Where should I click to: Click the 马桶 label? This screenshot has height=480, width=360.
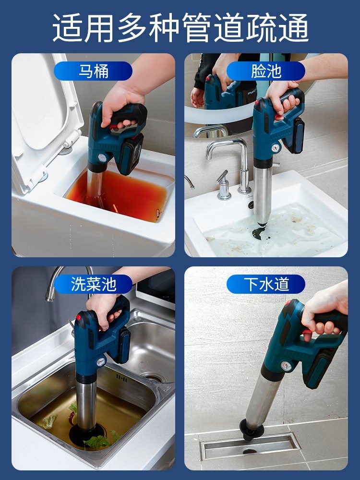point(94,71)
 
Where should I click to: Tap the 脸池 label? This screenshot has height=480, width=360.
point(266,71)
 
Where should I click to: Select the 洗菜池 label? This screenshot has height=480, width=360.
point(94,284)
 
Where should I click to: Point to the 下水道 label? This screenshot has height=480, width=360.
point(266,284)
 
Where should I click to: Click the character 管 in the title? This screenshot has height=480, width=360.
point(198,27)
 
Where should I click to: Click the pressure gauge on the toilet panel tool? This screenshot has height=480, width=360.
point(101,158)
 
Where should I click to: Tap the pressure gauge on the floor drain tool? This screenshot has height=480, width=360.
point(286,366)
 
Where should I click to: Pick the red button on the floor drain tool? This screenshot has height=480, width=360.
point(288,303)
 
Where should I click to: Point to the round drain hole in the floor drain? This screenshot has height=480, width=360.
point(250,451)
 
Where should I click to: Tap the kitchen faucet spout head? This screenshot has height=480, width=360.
point(49,295)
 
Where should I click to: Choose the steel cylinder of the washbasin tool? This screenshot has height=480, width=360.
point(263,193)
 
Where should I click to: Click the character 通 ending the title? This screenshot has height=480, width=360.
point(293,27)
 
